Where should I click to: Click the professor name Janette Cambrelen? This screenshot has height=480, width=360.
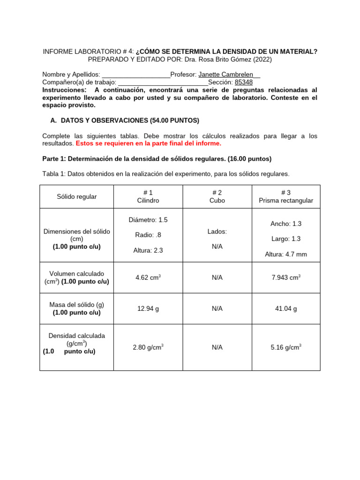pos(226,75)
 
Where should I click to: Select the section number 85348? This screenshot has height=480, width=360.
pos(244,82)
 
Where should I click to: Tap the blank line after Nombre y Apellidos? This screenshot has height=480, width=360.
pos(136,75)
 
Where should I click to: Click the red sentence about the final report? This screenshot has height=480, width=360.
pos(148,143)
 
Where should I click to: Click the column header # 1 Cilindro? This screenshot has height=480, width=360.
pos(148,196)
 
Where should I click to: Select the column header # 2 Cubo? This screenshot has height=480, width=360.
pos(217,196)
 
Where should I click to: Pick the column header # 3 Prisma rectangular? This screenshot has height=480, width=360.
pos(286,196)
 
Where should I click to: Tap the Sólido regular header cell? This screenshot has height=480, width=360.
pos(77,196)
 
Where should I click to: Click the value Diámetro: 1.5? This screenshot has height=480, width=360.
pos(148,220)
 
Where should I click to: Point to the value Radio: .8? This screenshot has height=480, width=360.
pos(148,235)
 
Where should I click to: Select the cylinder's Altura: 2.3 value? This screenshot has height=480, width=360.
pos(148,250)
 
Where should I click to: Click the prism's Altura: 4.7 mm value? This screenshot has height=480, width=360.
pos(286,254)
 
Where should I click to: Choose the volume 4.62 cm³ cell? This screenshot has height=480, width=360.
pos(148,277)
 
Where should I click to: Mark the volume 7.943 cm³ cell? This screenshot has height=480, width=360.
pos(286,277)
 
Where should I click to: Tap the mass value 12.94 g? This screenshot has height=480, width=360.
pos(148,308)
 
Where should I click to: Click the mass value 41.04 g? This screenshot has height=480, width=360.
pos(286,308)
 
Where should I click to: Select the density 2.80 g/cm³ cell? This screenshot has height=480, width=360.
pos(148,347)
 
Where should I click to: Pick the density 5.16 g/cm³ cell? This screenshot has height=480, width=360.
pos(286,347)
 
